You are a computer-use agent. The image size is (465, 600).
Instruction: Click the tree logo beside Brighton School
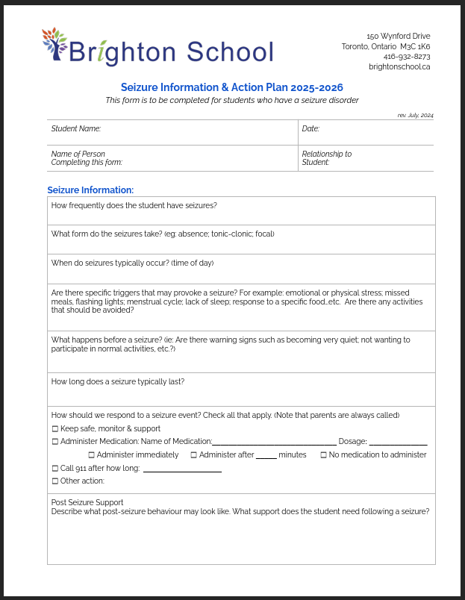tap(54, 43)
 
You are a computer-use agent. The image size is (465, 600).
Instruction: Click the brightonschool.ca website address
tap(399, 66)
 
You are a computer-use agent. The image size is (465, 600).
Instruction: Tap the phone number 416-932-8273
tap(407, 56)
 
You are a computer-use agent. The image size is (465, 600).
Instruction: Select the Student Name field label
tap(75, 129)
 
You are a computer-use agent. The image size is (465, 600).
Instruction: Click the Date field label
tap(310, 129)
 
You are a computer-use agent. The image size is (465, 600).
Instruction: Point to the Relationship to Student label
tap(326, 158)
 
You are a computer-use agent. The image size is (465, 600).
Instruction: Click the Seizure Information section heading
tap(90, 190)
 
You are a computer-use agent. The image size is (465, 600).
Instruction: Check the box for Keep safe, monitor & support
tap(55, 429)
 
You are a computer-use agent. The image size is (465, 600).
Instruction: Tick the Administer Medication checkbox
tap(55, 442)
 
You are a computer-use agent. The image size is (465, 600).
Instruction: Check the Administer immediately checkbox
tap(92, 455)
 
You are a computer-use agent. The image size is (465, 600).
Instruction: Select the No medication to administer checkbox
tap(324, 455)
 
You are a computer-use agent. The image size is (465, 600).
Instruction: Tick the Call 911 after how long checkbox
tap(55, 469)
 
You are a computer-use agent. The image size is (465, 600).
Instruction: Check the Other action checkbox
tap(55, 481)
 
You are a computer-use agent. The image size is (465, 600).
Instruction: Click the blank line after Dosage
tap(398, 443)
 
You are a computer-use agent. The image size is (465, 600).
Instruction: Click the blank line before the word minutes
tap(266, 457)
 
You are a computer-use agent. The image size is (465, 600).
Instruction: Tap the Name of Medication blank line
tap(274, 443)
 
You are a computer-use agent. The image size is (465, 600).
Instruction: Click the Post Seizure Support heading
tap(87, 502)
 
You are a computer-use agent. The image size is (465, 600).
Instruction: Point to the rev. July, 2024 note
tap(416, 116)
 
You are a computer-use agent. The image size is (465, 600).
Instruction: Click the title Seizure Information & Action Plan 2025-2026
tap(232, 87)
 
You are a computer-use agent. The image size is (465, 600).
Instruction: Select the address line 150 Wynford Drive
tap(399, 36)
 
